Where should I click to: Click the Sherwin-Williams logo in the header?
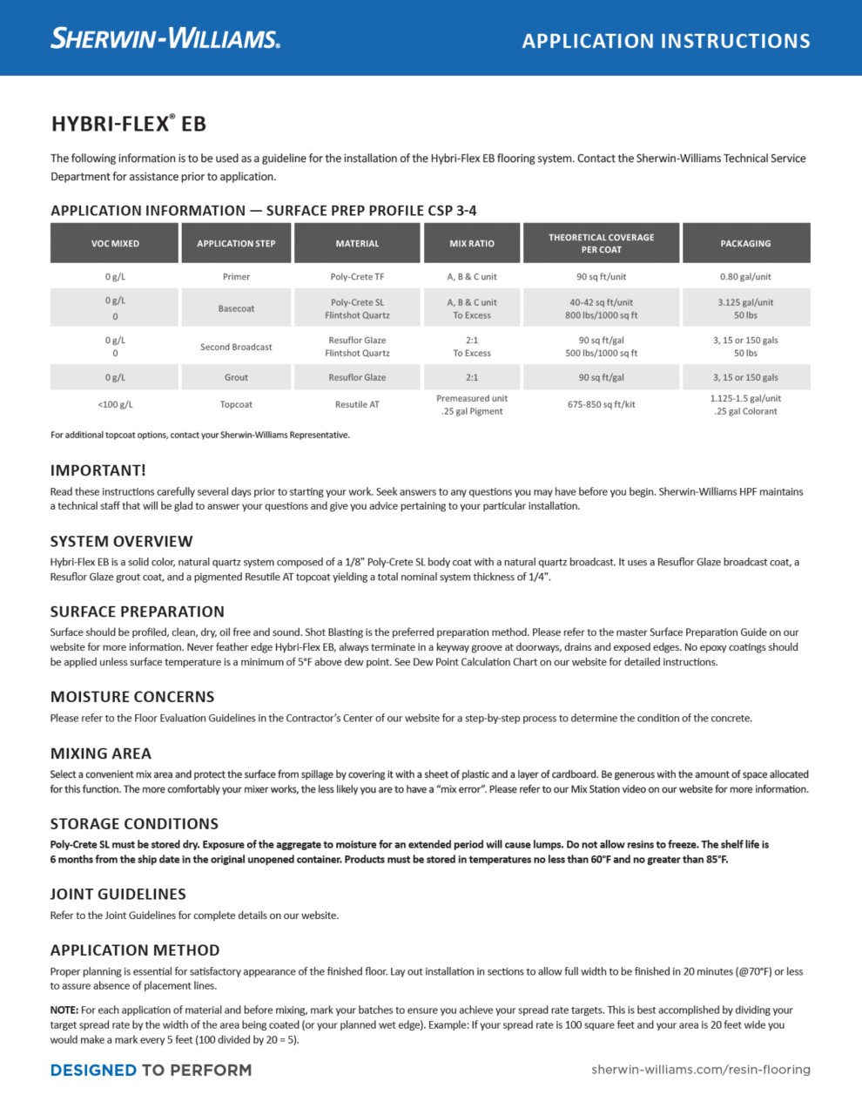click(165, 38)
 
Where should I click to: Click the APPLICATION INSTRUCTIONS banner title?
click(666, 41)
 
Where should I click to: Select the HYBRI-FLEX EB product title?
click(129, 124)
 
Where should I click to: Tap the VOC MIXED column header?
click(115, 244)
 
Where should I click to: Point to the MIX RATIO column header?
click(472, 244)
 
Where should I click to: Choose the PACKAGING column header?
click(745, 244)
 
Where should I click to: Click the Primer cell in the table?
click(236, 277)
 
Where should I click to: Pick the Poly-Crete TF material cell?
click(357, 277)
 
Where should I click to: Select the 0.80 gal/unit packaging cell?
click(745, 277)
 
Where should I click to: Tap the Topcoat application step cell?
click(236, 404)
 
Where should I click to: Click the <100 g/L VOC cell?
click(115, 404)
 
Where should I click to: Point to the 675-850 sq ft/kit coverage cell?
click(601, 404)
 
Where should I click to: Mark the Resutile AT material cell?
click(357, 404)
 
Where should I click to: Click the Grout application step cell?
click(236, 377)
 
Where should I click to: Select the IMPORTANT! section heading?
click(98, 470)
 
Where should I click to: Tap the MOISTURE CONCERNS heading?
click(132, 697)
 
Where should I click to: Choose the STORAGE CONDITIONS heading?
click(134, 824)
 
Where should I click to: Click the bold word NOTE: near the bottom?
click(64, 1010)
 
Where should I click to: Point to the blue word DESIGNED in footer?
click(93, 1070)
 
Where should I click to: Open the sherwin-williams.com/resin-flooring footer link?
click(701, 1070)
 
